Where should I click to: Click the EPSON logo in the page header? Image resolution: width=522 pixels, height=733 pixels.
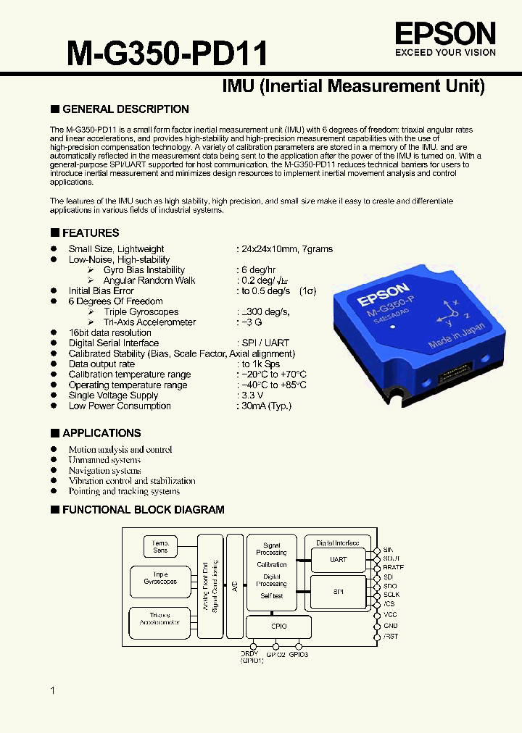[x=445, y=33]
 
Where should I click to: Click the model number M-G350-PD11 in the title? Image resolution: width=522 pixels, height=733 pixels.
[x=167, y=54]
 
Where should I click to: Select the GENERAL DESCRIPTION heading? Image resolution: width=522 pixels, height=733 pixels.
[x=125, y=109]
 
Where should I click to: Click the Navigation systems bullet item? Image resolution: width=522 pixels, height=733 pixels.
[x=104, y=471]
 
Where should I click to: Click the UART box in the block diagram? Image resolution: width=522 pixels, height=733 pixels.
[x=339, y=560]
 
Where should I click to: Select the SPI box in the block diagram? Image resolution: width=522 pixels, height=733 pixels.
[x=339, y=592]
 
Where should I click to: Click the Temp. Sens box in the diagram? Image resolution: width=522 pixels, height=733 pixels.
[x=160, y=547]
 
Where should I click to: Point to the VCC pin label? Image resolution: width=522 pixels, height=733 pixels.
[x=390, y=615]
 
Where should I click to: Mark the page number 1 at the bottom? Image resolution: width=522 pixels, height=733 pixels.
[x=53, y=691]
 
